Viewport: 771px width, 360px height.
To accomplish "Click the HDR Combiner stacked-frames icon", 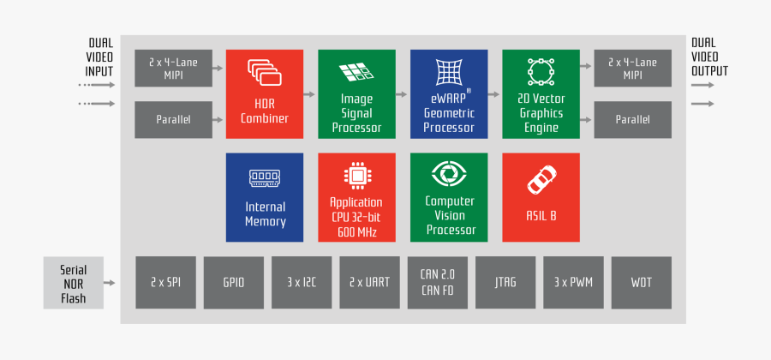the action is tap(264, 73).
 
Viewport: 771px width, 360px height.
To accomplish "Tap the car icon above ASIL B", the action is tap(541, 179).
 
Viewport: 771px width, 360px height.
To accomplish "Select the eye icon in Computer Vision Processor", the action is tap(449, 173).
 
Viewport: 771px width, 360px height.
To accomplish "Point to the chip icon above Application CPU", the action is tap(357, 176).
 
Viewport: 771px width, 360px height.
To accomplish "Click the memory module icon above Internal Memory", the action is tap(265, 178).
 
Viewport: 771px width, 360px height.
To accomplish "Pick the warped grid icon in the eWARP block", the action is tap(449, 72).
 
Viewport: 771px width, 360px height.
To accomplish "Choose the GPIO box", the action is tap(234, 283).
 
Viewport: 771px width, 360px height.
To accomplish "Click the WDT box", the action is tap(641, 283).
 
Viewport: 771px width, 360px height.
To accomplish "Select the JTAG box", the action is tap(505, 283).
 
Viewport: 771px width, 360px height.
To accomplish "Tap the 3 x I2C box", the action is tap(302, 283).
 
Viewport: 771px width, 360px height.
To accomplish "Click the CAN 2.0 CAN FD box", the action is tap(438, 283).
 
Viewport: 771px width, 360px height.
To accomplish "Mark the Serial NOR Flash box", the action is tap(74, 283).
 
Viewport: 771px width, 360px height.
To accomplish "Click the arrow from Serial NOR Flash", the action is tap(110, 283).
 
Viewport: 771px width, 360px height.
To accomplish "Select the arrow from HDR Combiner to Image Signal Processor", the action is tap(308, 94).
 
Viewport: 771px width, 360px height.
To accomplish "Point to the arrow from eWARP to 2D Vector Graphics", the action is tap(493, 94).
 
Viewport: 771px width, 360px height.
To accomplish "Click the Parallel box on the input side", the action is tap(174, 119).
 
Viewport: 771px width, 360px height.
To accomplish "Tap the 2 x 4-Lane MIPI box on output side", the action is tap(633, 68).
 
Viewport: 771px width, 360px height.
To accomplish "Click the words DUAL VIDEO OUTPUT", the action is tap(709, 57).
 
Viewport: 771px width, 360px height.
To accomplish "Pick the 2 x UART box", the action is tap(370, 283).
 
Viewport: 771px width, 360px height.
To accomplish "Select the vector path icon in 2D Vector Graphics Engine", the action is tap(541, 72).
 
